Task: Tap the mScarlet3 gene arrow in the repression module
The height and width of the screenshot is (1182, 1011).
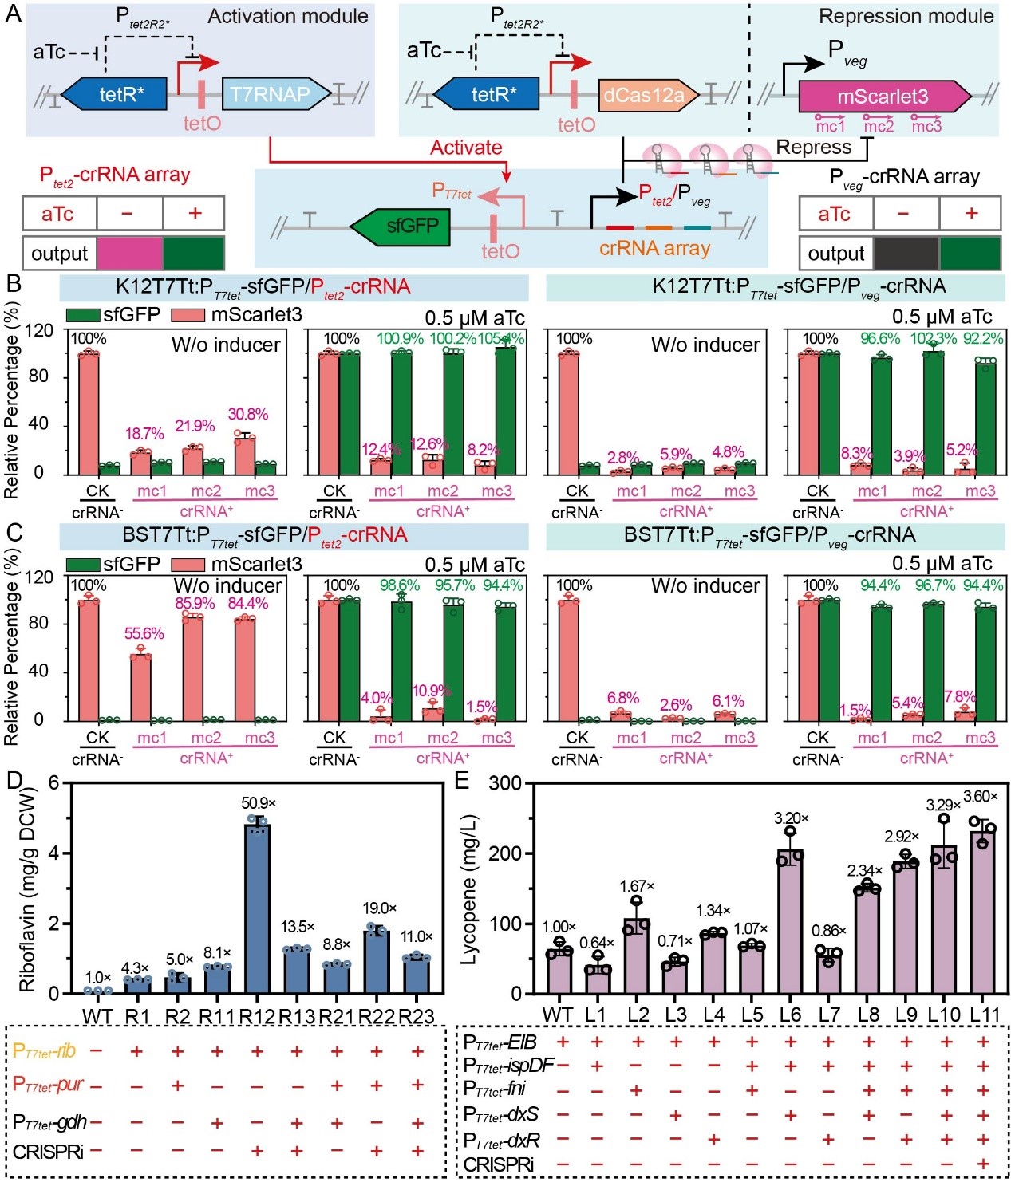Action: (x=881, y=97)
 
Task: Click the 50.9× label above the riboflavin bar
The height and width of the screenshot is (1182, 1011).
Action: (x=258, y=802)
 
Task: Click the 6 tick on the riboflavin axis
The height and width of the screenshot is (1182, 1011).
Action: (x=54, y=782)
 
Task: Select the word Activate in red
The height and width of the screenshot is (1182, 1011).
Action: (x=466, y=148)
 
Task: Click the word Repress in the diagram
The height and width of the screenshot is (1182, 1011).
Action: (x=813, y=148)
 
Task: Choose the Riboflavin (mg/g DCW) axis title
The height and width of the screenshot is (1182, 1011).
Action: (x=29, y=888)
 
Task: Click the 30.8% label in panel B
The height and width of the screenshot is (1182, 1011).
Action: (x=247, y=414)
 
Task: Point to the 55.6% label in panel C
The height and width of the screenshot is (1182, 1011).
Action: (x=144, y=633)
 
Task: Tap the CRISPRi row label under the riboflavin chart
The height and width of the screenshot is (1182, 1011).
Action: (x=48, y=1151)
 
